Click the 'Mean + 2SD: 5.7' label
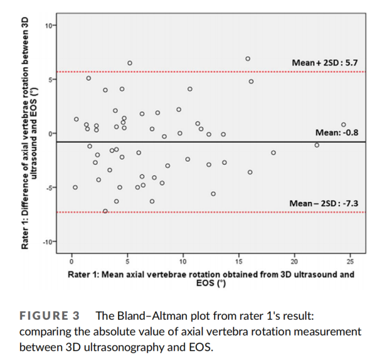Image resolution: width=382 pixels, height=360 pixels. point(325,63)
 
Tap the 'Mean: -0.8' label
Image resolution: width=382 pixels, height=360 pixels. point(336,132)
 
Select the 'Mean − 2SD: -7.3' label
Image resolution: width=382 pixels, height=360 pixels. point(325,203)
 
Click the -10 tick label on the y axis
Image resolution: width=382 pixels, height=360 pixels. point(48,242)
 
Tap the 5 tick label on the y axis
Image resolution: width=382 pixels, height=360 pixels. point(50,79)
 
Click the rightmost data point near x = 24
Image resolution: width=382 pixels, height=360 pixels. point(343,124)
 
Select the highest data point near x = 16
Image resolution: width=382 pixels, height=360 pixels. point(248,59)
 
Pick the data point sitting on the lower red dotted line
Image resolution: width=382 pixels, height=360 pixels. point(105,211)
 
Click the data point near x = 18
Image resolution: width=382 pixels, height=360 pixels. point(273,153)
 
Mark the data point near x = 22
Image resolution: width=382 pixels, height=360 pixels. point(317,145)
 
